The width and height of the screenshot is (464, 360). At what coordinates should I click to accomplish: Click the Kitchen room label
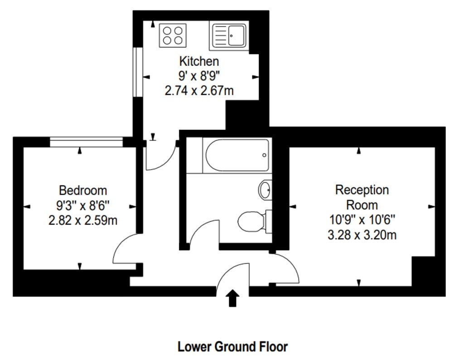click(x=199, y=61)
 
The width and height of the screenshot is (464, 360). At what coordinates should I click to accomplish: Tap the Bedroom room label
click(x=83, y=190)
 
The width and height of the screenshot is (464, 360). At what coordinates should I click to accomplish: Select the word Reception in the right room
click(x=362, y=190)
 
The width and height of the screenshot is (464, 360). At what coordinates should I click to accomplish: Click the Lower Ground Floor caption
click(x=232, y=346)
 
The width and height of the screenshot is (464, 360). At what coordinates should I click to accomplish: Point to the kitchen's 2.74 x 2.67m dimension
click(x=199, y=91)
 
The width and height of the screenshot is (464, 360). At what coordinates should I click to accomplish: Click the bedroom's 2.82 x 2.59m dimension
click(x=83, y=220)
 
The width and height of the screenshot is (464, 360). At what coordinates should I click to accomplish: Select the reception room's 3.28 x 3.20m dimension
click(x=362, y=235)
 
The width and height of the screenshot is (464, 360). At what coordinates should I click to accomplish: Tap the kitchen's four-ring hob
click(x=173, y=35)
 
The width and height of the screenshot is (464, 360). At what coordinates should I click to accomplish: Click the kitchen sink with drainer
click(x=229, y=36)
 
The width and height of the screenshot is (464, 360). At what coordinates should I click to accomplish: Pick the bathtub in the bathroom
click(x=237, y=155)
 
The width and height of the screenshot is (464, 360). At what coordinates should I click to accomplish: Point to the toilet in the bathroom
click(x=255, y=221)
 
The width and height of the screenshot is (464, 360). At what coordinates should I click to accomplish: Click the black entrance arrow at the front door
click(x=232, y=298)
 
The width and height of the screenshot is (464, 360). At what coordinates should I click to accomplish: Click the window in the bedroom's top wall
click(x=86, y=142)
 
